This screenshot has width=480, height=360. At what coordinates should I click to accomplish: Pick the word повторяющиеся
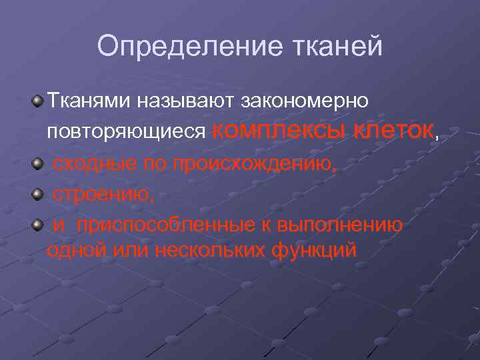point(125,131)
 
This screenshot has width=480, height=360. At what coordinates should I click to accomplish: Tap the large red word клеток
point(393,129)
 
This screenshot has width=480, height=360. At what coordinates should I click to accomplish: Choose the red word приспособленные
point(170,225)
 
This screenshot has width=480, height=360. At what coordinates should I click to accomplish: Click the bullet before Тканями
point(38,101)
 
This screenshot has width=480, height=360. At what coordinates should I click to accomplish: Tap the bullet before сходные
point(38,163)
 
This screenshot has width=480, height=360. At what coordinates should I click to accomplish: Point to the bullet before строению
point(38,194)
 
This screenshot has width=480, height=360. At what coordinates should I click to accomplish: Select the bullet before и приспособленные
point(38,225)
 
